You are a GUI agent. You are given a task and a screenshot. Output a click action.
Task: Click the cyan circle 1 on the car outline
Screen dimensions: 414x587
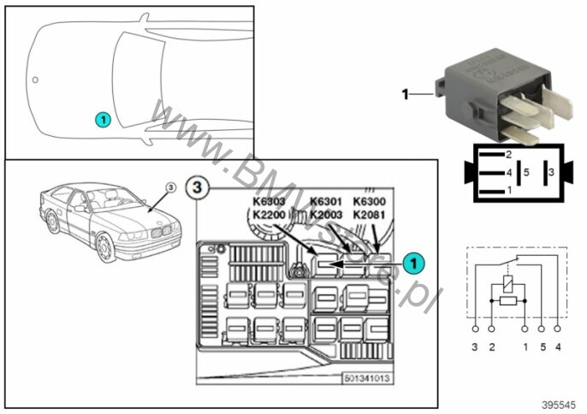103,120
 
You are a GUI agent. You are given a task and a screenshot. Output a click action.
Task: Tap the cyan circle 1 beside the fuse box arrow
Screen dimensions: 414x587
413,264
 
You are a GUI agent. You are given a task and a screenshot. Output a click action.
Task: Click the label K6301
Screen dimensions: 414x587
325,203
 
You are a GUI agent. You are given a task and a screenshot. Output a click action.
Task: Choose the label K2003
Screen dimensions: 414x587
325,215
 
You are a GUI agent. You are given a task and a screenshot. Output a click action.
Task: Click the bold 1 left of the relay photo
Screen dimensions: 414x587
405,94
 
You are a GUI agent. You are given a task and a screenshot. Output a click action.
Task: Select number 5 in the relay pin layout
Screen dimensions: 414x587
527,173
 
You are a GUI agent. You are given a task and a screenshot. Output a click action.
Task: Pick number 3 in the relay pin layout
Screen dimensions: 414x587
550,173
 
